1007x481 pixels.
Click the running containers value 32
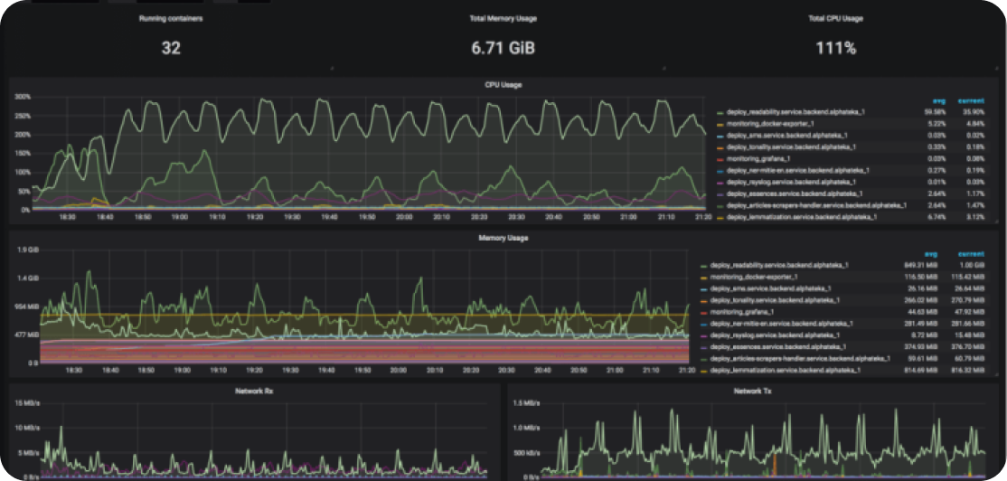(x=171, y=48)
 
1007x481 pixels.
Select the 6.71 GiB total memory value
(x=503, y=48)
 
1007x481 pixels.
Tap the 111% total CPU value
(x=835, y=48)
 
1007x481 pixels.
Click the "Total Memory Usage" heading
(x=503, y=18)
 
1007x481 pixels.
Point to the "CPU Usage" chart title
(x=504, y=85)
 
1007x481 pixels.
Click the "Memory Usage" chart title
(x=504, y=238)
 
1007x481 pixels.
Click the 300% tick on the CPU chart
(x=23, y=96)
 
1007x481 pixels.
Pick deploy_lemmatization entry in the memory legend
(x=783, y=370)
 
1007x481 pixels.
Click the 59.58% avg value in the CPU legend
(x=933, y=111)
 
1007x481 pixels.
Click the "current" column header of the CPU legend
(x=970, y=100)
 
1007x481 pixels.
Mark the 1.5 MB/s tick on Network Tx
(x=528, y=402)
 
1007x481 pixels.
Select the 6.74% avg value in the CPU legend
(x=935, y=217)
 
